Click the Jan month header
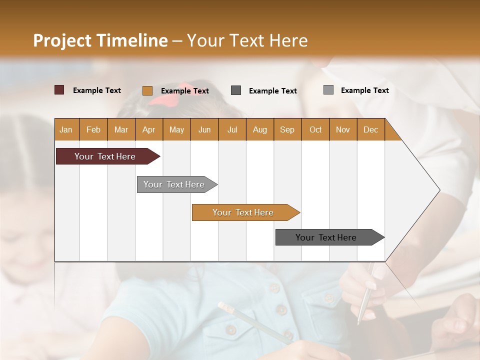tap(66, 129)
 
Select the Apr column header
tap(149, 129)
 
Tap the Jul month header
tap(232, 129)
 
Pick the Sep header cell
tap(287, 129)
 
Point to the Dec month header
tap(370, 129)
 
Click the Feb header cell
tap(93, 129)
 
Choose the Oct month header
tap(315, 129)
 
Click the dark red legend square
tap(59, 90)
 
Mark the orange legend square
tap(147, 90)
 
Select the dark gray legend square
tap(236, 90)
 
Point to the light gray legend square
tap(328, 90)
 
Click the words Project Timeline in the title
tap(100, 40)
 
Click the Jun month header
tap(204, 129)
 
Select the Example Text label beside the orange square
tap(185, 91)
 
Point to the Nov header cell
tap(343, 129)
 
